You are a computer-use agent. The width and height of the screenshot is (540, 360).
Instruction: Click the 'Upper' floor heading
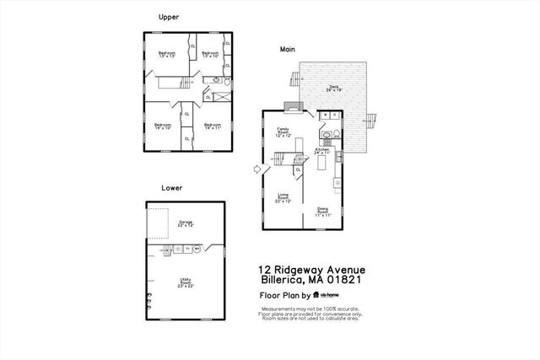click(x=168, y=17)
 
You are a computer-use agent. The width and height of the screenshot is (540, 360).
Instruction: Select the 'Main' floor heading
click(x=287, y=50)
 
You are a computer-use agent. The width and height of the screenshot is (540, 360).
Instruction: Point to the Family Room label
click(x=283, y=132)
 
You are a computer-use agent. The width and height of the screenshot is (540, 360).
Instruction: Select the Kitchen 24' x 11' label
click(x=322, y=152)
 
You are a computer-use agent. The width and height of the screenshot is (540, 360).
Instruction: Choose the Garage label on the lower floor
click(x=186, y=224)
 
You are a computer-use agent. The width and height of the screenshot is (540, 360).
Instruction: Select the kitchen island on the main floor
click(x=322, y=169)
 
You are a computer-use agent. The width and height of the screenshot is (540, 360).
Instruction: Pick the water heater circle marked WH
click(x=197, y=249)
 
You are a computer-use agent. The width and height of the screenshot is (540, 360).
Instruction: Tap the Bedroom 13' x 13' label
click(x=166, y=56)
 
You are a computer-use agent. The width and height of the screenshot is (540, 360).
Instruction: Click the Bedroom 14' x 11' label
click(x=211, y=126)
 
